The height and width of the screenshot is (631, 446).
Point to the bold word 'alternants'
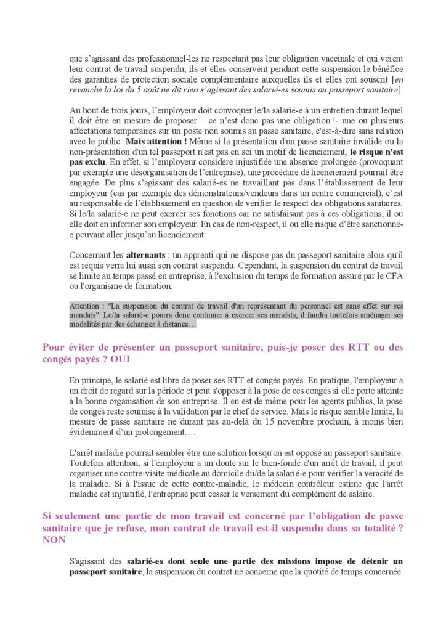[146, 254]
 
